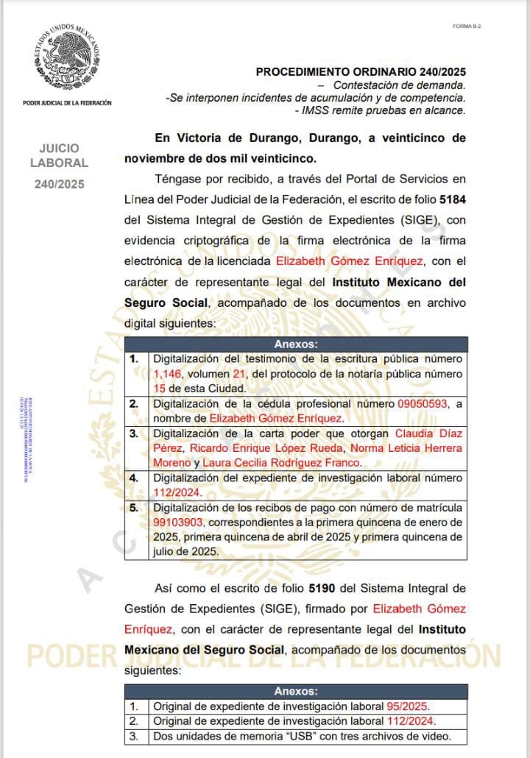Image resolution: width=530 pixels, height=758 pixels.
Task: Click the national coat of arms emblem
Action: click(x=67, y=58)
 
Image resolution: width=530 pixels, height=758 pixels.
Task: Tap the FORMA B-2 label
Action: click(x=467, y=26)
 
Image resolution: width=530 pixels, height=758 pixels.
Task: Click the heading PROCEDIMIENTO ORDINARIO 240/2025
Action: click(x=361, y=72)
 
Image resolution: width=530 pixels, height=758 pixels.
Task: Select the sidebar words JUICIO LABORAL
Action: click(x=59, y=155)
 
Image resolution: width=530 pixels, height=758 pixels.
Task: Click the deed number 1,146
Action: click(x=167, y=373)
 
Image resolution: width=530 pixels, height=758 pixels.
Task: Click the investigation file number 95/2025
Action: click(x=408, y=705)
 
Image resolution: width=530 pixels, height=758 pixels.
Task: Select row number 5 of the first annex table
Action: click(x=134, y=507)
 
